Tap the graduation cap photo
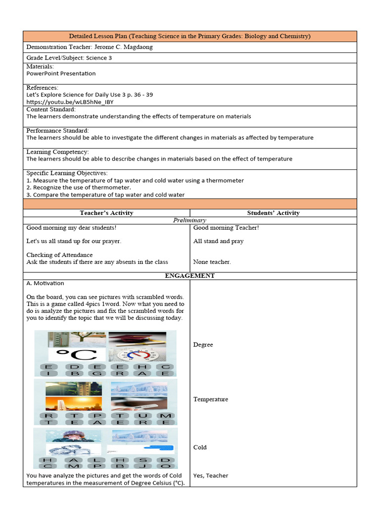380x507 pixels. (137, 339)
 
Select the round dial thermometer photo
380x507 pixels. (137, 355)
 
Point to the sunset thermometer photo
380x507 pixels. (73, 404)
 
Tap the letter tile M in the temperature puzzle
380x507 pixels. (166, 416)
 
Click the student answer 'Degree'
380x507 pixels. (203, 345)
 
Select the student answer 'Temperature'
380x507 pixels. (210, 399)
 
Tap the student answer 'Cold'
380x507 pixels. (200, 447)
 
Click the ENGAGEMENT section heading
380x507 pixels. (190, 276)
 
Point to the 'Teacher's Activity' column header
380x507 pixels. (106, 213)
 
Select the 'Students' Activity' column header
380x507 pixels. (273, 213)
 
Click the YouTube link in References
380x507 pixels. (69, 102)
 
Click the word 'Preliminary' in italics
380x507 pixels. (190, 220)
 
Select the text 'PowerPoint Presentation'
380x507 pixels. (61, 73)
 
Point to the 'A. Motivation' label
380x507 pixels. (45, 283)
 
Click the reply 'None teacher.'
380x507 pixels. (212, 262)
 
